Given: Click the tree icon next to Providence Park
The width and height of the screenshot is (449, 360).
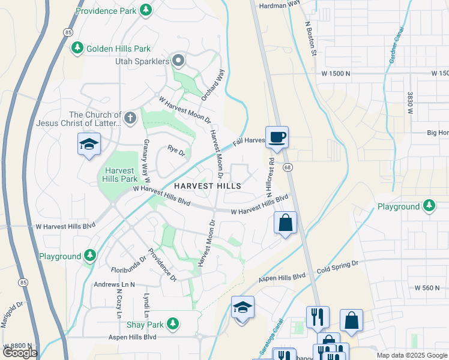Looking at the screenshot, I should coord(145,10).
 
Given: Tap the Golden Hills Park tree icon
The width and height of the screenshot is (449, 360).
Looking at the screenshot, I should coord(77,48).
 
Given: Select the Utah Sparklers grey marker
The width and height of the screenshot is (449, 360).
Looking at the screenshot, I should coord(178,61).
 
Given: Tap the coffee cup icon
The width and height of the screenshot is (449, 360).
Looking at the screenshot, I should coord(277,138).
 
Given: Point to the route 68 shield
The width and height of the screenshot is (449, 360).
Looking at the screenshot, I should coord(288,167).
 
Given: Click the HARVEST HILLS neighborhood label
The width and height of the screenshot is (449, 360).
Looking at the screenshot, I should coord(208,186).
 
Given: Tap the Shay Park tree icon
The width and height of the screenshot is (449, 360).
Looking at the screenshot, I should coord(173,323).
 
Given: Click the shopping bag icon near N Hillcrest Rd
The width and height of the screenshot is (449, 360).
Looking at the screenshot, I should coord(286,223).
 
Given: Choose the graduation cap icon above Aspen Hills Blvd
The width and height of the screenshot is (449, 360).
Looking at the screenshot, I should coord(243,308).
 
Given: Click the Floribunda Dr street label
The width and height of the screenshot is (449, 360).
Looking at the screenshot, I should coord(128,265).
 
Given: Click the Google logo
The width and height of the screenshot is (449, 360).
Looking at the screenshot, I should coord(20,353).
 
